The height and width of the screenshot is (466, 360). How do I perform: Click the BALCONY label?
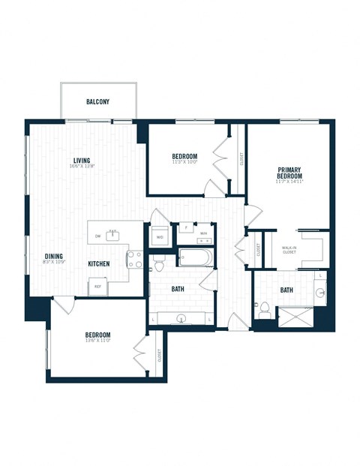point(98,101)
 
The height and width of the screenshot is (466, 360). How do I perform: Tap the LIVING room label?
point(82,160)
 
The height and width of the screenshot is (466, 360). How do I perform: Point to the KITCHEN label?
point(99,264)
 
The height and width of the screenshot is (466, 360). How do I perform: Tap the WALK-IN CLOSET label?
point(289,249)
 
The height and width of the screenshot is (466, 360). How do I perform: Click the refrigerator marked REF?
point(97,286)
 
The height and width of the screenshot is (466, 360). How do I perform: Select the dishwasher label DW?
point(97,236)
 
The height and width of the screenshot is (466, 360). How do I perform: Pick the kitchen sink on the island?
point(113,235)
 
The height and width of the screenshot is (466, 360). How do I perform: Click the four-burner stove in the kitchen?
point(135,260)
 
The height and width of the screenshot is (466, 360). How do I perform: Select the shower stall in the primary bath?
point(295,317)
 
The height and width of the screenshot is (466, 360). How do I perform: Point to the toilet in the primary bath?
point(264,308)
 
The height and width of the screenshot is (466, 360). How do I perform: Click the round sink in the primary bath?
point(320,292)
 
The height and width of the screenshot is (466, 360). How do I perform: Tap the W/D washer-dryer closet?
point(160,236)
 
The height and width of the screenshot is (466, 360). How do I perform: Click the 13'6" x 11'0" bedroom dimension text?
point(97,341)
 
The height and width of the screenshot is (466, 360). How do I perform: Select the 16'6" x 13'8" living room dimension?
point(82,167)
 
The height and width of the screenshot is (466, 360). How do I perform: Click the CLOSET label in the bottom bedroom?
point(160,356)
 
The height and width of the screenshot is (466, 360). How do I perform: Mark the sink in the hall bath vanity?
point(181,318)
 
